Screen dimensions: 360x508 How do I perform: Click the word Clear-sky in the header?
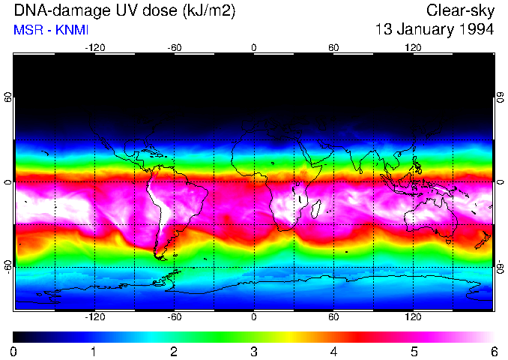click(460, 10)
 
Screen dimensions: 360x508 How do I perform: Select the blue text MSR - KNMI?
click(46, 30)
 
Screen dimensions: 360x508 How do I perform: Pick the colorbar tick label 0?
click(14, 351)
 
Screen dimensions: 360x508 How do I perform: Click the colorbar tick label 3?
click(254, 351)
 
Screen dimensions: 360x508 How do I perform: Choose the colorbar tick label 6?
click(493, 351)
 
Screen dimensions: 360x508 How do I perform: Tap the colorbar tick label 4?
click(333, 351)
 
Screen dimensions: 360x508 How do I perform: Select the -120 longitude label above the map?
click(94, 47)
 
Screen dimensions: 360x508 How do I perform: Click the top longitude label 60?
click(333, 47)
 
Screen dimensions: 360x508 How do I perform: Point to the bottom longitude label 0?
click(254, 316)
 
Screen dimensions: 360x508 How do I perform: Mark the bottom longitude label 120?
click(413, 316)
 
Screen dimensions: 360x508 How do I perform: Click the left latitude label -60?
click(8, 267)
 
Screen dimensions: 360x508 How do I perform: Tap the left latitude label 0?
click(8, 182)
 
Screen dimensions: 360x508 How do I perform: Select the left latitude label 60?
click(8, 97)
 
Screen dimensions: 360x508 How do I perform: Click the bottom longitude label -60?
click(174, 316)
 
